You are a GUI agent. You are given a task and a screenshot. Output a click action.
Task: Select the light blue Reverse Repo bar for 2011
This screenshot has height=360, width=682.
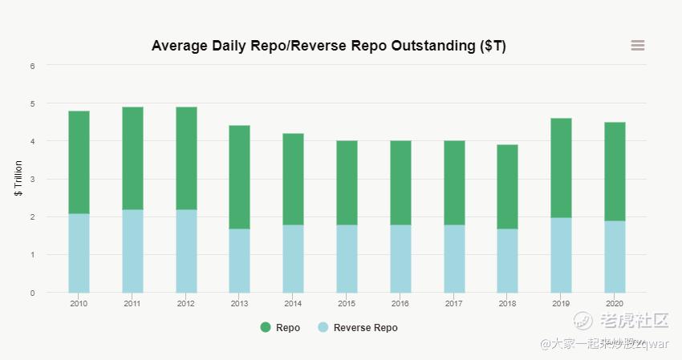pos(132,251)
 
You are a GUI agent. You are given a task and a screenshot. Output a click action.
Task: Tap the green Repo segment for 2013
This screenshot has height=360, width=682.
pos(239,177)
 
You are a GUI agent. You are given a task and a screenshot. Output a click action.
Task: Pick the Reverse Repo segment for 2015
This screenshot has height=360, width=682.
pos(347,258)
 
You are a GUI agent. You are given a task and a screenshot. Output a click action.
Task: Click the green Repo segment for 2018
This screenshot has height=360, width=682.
pos(507,187)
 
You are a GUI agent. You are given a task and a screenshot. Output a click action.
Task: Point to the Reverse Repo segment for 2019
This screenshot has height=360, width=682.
pos(561,255)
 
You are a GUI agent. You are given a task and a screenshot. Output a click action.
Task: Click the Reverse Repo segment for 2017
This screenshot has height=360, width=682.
pos(454,258)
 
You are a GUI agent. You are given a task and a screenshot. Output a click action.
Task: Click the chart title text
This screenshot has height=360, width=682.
pos(329,46)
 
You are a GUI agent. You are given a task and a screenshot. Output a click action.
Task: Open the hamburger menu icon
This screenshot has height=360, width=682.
pos(638,46)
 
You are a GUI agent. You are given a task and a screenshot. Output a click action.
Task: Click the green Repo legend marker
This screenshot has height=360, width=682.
pos(266,327)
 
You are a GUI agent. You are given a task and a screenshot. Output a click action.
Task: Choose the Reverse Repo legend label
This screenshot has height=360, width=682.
pos(365,327)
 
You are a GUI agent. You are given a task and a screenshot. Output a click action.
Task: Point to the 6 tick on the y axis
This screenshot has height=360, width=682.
pos(33,66)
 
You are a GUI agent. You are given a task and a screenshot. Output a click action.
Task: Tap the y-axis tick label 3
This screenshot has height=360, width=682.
pos(33,180)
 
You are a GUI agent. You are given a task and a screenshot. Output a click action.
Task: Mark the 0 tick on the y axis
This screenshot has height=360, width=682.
pos(33,293)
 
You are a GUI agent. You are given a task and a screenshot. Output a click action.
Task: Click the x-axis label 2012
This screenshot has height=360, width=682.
pos(186,304)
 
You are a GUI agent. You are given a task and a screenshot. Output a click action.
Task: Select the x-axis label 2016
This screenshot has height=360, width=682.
pos(400,304)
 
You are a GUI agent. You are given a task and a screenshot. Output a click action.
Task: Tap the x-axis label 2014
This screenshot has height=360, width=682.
pos(293,304)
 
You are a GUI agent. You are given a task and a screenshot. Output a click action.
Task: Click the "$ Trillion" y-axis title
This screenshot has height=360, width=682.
pos(18,179)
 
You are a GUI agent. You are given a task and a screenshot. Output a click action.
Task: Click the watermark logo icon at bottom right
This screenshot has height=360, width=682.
pos(583,322)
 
